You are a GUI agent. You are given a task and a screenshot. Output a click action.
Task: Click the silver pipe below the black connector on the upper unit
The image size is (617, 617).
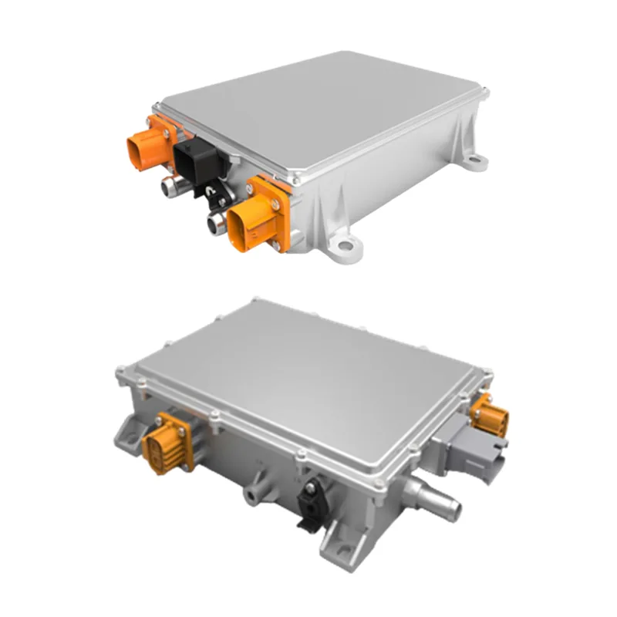coord(216,224)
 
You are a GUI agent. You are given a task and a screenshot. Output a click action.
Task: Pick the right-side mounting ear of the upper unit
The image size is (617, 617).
coord(476,162)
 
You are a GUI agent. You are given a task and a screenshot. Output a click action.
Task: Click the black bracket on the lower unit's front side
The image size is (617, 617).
coord(311,502)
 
